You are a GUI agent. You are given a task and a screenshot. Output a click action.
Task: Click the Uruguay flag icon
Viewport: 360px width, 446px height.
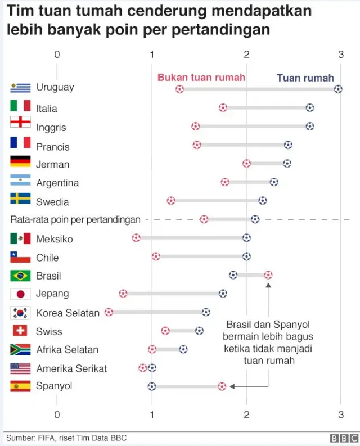[x=20, y=88]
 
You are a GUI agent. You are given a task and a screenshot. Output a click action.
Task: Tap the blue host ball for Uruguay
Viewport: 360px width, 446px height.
[x=337, y=89]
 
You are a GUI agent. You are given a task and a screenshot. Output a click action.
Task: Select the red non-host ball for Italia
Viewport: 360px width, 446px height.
[x=223, y=107]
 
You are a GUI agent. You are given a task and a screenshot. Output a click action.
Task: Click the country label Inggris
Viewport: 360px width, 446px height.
[x=51, y=128]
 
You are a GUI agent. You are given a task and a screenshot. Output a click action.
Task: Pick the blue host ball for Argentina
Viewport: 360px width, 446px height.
[x=274, y=182]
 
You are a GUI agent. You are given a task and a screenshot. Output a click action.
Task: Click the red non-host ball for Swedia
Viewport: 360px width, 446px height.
[x=171, y=200]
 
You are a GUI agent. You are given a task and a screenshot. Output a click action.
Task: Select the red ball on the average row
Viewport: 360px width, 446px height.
[x=204, y=219]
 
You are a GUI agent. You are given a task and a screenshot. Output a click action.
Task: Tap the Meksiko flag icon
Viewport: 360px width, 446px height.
[x=20, y=238]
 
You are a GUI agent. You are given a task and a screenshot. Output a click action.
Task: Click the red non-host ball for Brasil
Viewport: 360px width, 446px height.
[x=268, y=274]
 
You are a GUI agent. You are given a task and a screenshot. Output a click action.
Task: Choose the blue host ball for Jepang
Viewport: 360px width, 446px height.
[x=223, y=293]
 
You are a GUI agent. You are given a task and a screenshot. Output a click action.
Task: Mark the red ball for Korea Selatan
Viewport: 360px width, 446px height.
[x=109, y=312]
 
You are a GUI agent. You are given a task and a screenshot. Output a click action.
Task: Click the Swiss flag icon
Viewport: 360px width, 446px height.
[x=20, y=331]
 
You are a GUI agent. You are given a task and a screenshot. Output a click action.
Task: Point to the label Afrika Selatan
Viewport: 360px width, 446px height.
[x=67, y=349]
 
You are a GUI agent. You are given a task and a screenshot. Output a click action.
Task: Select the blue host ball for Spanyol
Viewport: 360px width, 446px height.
[x=151, y=386]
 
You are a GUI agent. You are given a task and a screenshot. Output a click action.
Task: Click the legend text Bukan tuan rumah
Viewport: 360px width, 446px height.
[x=201, y=78]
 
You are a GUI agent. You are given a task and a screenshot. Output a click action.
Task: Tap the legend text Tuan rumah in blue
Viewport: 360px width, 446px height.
[x=305, y=78]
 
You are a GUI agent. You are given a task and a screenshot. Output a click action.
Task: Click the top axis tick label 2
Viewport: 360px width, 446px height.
[x=246, y=54]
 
